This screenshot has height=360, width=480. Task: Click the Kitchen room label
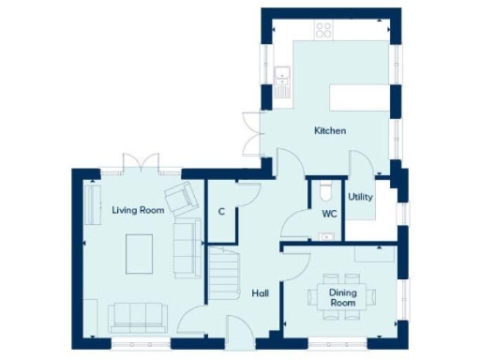329,130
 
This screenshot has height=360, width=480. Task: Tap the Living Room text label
138,211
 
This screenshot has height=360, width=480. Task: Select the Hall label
261,293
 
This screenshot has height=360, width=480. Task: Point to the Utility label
360,198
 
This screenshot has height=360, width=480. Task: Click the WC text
329,214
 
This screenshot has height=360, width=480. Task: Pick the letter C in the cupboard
221,212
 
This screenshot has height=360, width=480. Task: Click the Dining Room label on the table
343,298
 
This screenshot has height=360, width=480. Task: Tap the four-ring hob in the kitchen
324,30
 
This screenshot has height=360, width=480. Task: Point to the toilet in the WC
324,191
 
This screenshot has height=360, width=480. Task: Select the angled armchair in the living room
180,198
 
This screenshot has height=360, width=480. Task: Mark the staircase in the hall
224,274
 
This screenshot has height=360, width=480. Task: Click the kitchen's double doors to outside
250,134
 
